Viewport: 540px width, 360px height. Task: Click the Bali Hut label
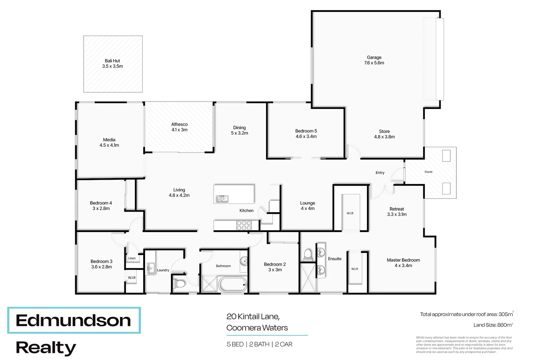pyautogui.click(x=112, y=63)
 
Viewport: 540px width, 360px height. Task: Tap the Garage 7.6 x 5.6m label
pyautogui.click(x=374, y=60)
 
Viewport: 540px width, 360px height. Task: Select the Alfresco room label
pyautogui.click(x=179, y=127)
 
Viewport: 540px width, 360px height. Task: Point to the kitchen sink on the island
pyautogui.click(x=222, y=199)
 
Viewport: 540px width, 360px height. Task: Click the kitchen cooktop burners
pyautogui.click(x=244, y=226)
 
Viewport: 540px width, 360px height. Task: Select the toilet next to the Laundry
pyautogui.click(x=180, y=284)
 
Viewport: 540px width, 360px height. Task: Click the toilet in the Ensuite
pyautogui.click(x=308, y=254)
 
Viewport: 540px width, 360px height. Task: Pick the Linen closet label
pyautogui.click(x=132, y=258)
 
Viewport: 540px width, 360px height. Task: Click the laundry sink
pyautogui.click(x=151, y=268)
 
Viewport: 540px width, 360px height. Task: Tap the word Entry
pyautogui.click(x=380, y=173)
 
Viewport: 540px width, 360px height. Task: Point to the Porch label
pyautogui.click(x=428, y=172)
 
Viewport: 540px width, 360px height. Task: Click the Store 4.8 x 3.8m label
pyautogui.click(x=384, y=134)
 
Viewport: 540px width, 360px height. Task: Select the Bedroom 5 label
pyautogui.click(x=306, y=134)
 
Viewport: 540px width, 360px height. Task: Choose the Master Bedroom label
pyautogui.click(x=403, y=263)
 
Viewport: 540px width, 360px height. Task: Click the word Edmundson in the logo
pyautogui.click(x=73, y=321)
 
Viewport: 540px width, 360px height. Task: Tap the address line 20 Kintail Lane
pyautogui.click(x=253, y=316)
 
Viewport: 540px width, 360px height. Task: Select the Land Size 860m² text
pyautogui.click(x=493, y=325)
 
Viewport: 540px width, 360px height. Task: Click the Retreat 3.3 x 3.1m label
pyautogui.click(x=397, y=212)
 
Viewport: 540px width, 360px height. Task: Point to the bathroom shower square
pyautogui.click(x=209, y=284)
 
